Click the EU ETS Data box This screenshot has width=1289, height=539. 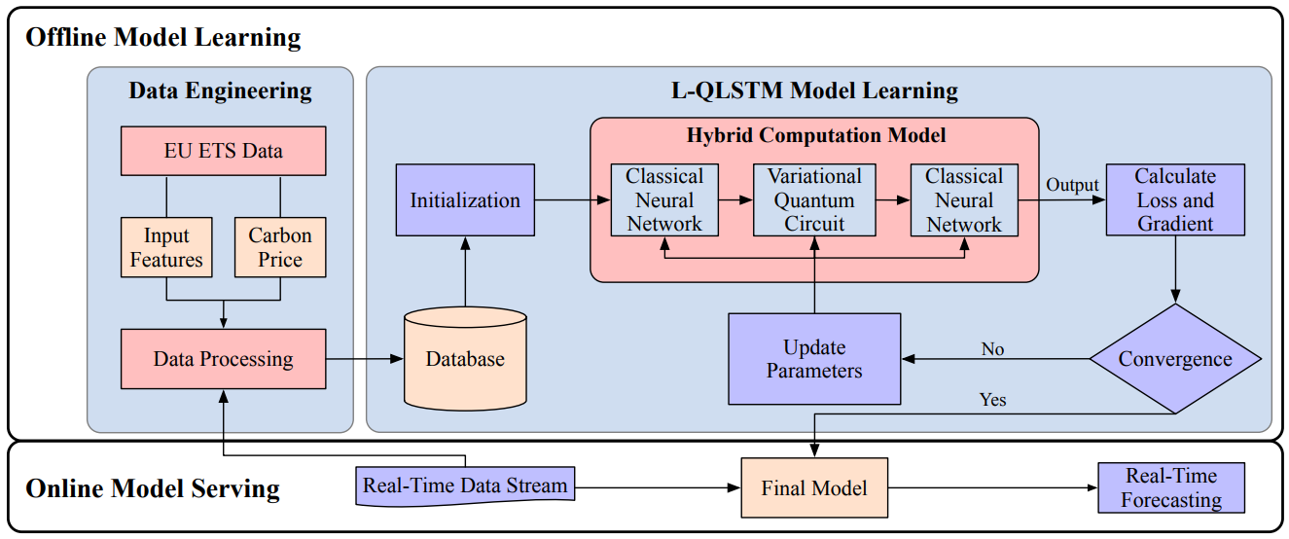click(223, 151)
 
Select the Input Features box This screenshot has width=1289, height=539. click(166, 247)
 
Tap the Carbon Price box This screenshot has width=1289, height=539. click(280, 247)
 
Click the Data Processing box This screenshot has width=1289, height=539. click(223, 359)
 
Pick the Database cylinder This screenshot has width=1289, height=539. click(465, 358)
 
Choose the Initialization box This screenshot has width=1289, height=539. click(465, 200)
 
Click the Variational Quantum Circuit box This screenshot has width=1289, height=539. click(814, 200)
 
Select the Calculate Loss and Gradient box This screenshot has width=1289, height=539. click(1175, 200)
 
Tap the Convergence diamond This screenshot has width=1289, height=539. click(1175, 359)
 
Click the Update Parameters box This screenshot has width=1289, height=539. click(814, 359)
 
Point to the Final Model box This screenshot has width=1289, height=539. click(814, 487)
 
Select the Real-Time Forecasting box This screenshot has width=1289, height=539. click(1171, 487)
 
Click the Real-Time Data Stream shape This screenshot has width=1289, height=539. click(465, 485)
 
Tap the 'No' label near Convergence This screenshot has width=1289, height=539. click(992, 348)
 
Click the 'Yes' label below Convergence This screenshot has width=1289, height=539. click(992, 399)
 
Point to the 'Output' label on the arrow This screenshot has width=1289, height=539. click(1072, 185)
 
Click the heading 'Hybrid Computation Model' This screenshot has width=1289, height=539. click(815, 135)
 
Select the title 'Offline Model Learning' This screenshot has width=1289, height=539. click(163, 37)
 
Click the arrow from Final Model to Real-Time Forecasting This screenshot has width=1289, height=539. click(992, 487)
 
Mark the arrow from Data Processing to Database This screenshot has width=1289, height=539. click(365, 359)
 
